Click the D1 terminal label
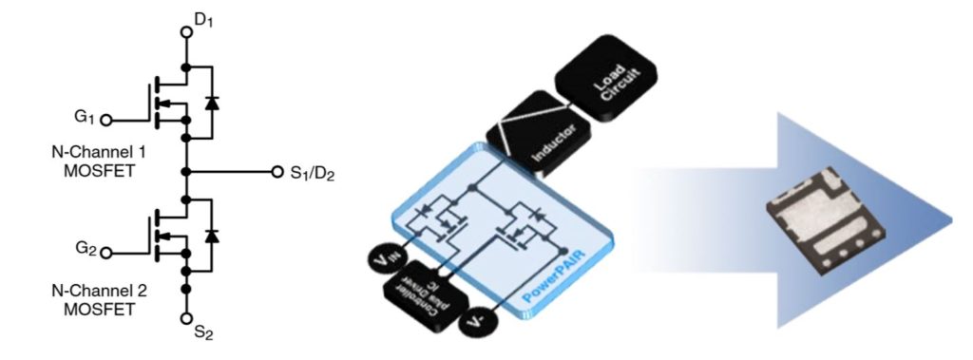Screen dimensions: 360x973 pyautogui.click(x=203, y=16)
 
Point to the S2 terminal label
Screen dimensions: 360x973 pyautogui.click(x=203, y=333)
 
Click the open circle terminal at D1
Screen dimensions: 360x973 pyautogui.click(x=187, y=31)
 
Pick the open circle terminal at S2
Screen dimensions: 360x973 pyautogui.click(x=187, y=318)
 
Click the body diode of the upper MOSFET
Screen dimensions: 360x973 pyautogui.click(x=212, y=103)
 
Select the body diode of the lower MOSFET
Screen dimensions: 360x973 pyautogui.click(x=212, y=235)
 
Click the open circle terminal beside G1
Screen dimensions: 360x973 pyautogui.click(x=106, y=121)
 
